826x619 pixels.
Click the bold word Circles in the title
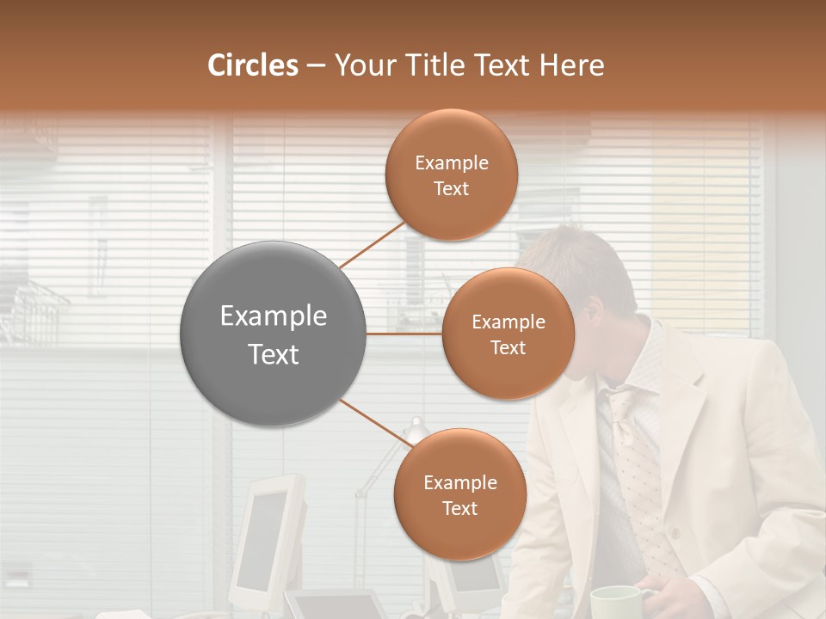(x=253, y=65)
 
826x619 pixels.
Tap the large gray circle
(x=274, y=334)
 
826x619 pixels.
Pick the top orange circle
(x=452, y=175)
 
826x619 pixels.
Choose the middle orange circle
(x=508, y=334)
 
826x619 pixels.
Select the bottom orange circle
(x=459, y=494)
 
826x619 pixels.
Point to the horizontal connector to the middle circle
(x=404, y=334)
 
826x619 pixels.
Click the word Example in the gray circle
(x=274, y=316)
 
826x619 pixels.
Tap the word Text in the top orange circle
(x=452, y=188)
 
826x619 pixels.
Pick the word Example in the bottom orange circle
(x=459, y=482)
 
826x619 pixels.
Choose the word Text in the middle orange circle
(x=508, y=347)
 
